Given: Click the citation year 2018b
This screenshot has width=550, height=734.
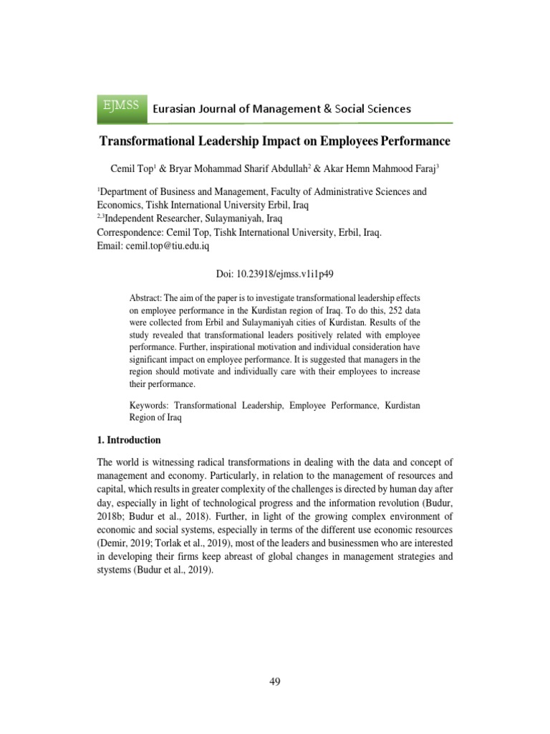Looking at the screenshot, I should pyautogui.click(x=113, y=517).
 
